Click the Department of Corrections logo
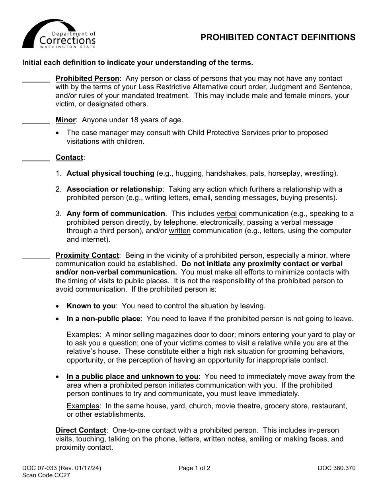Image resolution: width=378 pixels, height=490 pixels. [x=58, y=34]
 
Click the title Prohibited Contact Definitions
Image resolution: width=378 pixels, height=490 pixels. [x=278, y=37]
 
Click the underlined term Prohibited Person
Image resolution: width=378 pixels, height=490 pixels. [x=87, y=78]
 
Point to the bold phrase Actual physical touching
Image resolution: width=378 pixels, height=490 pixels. [x=110, y=173]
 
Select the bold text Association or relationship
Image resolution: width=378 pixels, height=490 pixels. [x=114, y=189]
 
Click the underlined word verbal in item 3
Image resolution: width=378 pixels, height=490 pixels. [x=226, y=214]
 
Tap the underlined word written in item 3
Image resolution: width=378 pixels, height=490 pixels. [x=179, y=231]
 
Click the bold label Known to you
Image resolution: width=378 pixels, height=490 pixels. [x=91, y=306]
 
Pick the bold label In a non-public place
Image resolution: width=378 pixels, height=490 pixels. [x=103, y=319]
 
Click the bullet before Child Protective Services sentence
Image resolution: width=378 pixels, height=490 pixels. [x=58, y=133]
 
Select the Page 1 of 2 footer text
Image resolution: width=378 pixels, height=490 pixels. [x=194, y=468]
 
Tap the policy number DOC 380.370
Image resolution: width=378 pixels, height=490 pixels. [x=336, y=468]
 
